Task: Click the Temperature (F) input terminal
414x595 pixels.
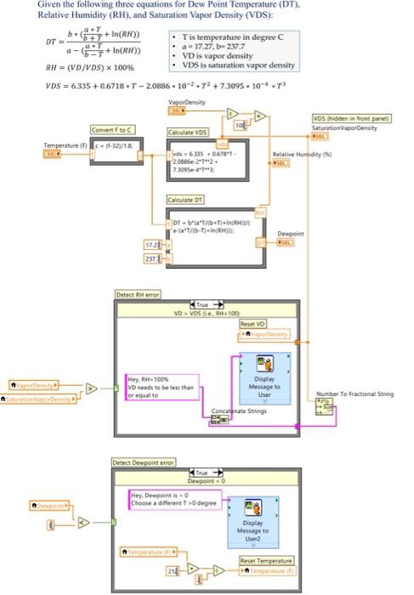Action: pos(51,154)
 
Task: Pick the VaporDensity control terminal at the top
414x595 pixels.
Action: pos(178,110)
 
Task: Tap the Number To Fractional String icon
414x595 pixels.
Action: pos(326,411)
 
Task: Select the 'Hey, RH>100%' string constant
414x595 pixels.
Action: pos(162,387)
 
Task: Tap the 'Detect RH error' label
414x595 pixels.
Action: pos(138,293)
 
